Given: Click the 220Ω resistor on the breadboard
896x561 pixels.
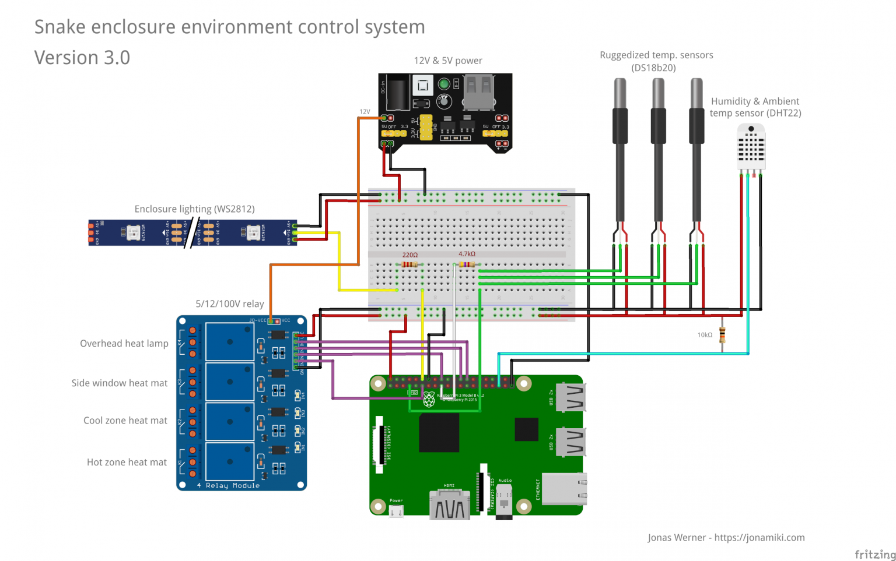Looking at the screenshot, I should [410, 264].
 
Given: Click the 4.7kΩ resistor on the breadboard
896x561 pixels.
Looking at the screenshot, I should [467, 264].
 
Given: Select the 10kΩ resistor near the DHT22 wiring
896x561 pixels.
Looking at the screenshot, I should [723, 336].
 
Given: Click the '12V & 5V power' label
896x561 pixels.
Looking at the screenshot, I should [448, 61].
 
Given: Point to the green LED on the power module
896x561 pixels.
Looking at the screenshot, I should [444, 84].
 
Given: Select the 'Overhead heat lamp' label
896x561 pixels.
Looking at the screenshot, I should [124, 344].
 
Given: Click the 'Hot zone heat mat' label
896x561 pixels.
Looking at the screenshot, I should [127, 463].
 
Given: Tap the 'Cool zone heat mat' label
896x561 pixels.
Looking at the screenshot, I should [125, 421].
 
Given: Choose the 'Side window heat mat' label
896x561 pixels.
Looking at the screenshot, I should [119, 383].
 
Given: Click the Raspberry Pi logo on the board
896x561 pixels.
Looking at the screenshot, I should [429, 400].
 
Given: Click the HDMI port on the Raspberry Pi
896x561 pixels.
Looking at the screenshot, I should [449, 504].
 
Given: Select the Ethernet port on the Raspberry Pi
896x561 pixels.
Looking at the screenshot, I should [563, 488].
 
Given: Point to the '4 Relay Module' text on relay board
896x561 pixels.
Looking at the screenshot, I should [228, 485].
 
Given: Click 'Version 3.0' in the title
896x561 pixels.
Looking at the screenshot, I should [82, 58].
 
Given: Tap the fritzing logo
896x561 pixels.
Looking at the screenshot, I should [874, 554].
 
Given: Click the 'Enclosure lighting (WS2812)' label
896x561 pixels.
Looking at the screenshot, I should [194, 209].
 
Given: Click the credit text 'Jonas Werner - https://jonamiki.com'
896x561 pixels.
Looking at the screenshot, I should [726, 538].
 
